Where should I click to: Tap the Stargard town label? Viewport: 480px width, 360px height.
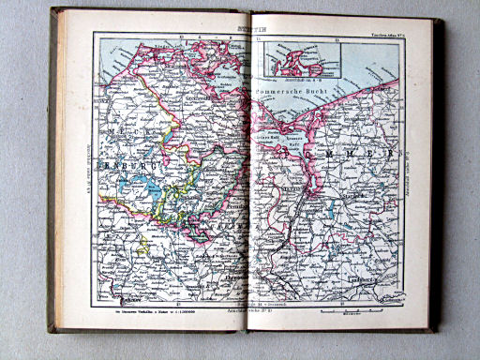(x=333, y=198)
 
